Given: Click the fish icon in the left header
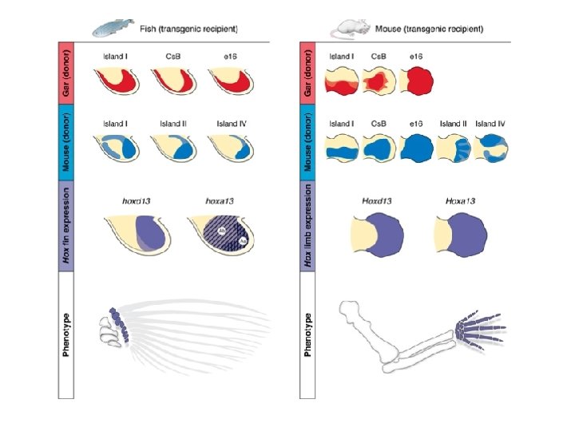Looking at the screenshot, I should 110,29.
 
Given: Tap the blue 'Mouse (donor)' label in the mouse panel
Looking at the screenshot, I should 308,143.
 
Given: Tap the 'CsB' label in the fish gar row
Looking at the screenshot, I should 171,57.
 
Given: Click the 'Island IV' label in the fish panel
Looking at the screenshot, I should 231,124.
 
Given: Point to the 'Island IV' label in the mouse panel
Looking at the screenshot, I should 490,124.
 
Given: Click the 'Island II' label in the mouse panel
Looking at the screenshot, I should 453,124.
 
